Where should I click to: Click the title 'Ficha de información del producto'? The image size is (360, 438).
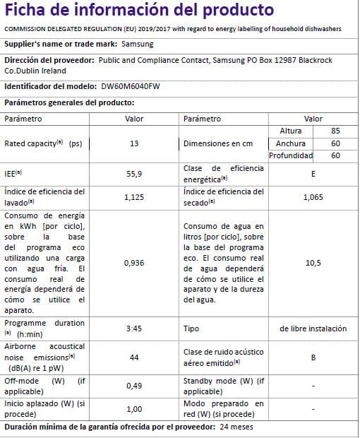click(140, 11)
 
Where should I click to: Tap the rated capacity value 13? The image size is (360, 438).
click(134, 143)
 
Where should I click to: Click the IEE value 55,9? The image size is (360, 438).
click(134, 173)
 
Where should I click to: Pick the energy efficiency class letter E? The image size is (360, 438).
click(313, 173)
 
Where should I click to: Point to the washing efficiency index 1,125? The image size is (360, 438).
click(134, 197)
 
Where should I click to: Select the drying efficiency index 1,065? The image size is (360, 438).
click(313, 197)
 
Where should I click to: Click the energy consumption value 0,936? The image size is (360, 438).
click(134, 263)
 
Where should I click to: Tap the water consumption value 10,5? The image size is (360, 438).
click(313, 263)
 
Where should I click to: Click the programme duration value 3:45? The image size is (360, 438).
click(134, 328)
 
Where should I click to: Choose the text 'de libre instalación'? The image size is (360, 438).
click(313, 328)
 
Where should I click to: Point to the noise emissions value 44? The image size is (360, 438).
click(134, 357)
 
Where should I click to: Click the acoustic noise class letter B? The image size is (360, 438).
click(313, 357)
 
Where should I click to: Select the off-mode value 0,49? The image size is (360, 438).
click(134, 386)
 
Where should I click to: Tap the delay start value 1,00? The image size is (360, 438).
click(134, 409)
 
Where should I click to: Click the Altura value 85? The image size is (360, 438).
click(335, 131)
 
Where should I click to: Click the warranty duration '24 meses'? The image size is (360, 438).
click(236, 427)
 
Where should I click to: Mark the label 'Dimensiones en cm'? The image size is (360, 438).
click(217, 143)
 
